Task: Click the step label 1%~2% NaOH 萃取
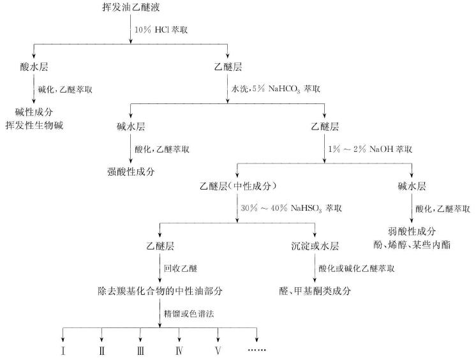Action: pyautogui.click(x=368, y=149)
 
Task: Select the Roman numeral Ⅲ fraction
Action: pyautogui.click(x=141, y=350)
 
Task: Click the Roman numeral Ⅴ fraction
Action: pyautogui.click(x=219, y=350)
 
